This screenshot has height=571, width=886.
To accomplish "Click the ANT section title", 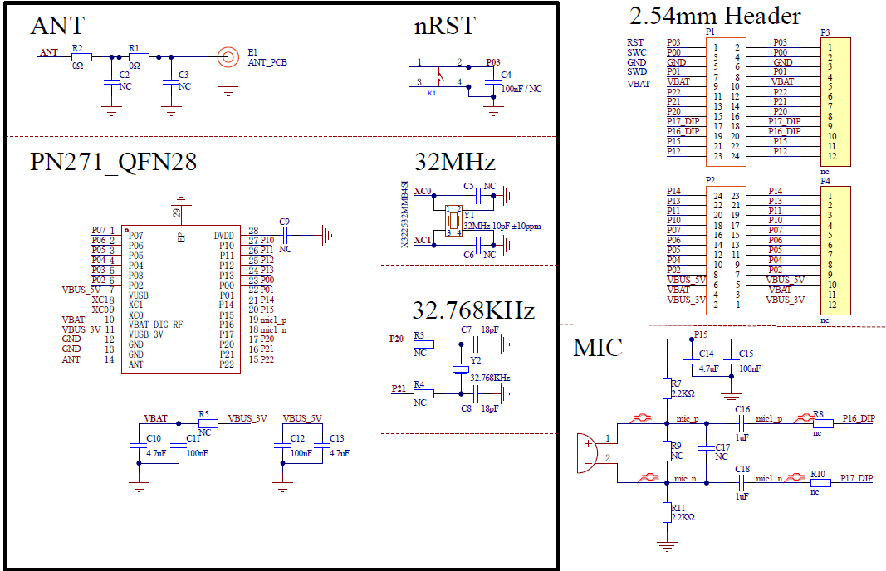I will click(57, 26).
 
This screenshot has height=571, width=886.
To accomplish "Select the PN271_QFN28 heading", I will click(114, 162).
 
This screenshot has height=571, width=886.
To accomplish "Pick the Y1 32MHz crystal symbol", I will click(453, 220).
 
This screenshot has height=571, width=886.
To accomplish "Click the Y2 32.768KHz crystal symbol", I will click(456, 369).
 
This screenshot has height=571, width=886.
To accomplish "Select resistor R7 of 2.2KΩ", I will click(666, 388).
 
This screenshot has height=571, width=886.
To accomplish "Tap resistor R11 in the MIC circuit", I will click(666, 512).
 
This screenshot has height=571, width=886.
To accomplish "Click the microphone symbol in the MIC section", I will click(587, 453).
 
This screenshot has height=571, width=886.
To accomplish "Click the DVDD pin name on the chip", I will click(224, 236).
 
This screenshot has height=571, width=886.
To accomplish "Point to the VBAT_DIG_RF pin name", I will click(155, 325).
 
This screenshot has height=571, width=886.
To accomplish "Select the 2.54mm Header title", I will click(715, 16).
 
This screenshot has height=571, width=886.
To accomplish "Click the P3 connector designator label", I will click(825, 32).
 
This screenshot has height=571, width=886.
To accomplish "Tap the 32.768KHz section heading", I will click(473, 310).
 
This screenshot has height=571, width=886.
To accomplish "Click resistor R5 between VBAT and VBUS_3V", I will click(203, 422).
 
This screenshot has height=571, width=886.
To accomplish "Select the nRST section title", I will click(444, 26).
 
